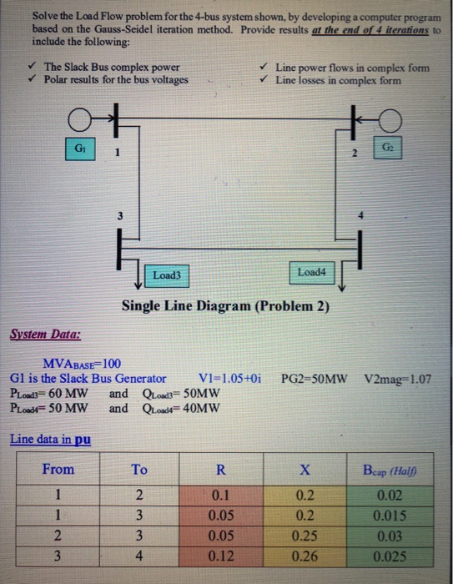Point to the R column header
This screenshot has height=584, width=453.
[x=219, y=469]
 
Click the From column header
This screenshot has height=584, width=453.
[x=58, y=469]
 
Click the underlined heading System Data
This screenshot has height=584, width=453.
[x=45, y=336]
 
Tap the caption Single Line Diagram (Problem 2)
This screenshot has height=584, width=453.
[x=225, y=306]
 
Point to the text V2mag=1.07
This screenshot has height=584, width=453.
[x=398, y=378]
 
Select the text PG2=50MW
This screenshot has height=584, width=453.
[x=315, y=378]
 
